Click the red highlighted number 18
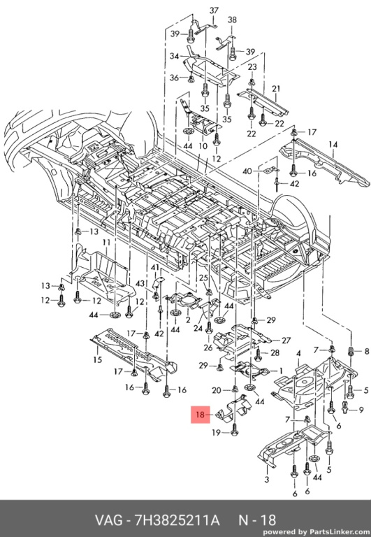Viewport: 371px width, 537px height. point(200,415)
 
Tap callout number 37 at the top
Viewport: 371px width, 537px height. point(214,10)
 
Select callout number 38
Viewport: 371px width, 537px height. point(232,20)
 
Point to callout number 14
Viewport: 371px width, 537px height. point(333,145)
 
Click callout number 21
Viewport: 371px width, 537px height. point(276,89)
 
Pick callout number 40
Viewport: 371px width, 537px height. point(247,171)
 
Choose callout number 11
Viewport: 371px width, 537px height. point(106,243)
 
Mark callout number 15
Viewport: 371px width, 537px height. point(98,359)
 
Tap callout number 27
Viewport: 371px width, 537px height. point(286,341)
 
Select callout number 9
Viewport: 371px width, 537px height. point(361,410)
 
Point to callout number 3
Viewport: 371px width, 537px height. point(267,479)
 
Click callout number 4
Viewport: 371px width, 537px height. point(298,353)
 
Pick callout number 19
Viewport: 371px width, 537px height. point(216,433)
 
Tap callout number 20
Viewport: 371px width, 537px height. point(217,390)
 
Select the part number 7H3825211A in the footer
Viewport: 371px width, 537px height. point(177,520)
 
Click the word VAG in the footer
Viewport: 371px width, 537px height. point(108,520)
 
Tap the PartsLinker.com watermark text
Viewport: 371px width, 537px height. point(339,532)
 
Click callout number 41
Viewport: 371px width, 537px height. point(155,267)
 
